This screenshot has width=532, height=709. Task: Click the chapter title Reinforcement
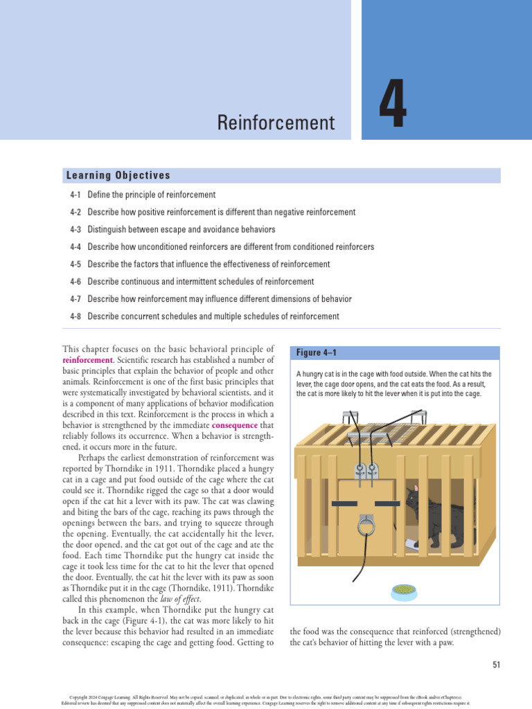tap(276, 123)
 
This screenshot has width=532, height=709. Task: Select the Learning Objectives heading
tap(118, 176)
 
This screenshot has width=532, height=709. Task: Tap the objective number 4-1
tap(76, 195)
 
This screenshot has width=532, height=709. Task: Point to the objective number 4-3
tap(76, 230)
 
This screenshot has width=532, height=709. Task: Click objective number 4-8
tap(76, 316)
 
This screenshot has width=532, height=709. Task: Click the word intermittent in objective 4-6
tap(204, 282)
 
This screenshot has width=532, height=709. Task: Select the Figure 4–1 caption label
tap(317, 353)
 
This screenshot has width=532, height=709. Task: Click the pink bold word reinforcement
tap(87, 360)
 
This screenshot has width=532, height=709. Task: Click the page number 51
tap(496, 665)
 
